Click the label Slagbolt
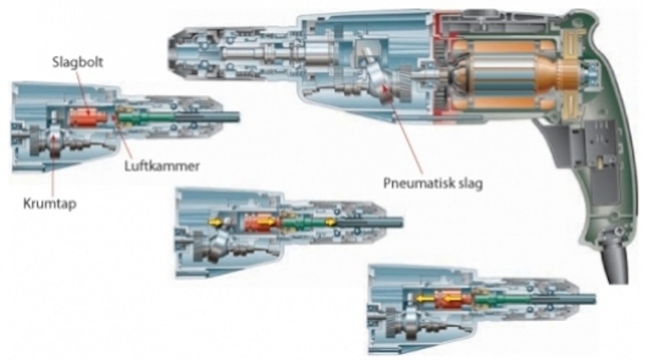tap(77, 63)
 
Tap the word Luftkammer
tap(162, 166)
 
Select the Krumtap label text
tap(50, 204)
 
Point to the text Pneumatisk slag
tap(433, 183)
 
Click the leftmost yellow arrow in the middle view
tap(216, 222)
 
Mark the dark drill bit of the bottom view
tap(563, 299)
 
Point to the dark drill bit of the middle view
tap(370, 223)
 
